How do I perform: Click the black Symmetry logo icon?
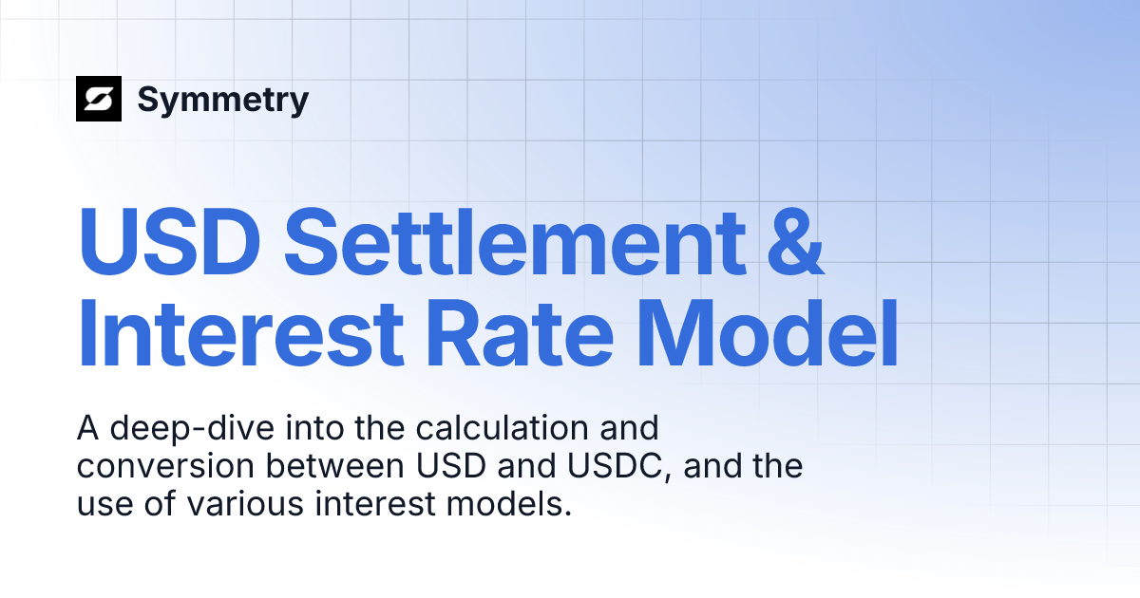point(99,99)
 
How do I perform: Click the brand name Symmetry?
point(223,99)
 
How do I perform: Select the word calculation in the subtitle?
point(510,429)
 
